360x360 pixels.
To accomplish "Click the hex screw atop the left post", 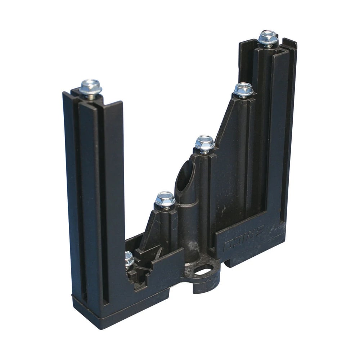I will pos(90,86).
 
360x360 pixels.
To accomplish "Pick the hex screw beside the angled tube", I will pos(205,142).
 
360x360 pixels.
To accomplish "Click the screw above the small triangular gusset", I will pos(165,199).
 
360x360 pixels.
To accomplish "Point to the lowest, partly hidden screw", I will pos(129,258).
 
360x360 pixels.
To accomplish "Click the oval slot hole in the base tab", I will pos(204,269).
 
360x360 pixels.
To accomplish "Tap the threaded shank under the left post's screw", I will pos(91,96).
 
